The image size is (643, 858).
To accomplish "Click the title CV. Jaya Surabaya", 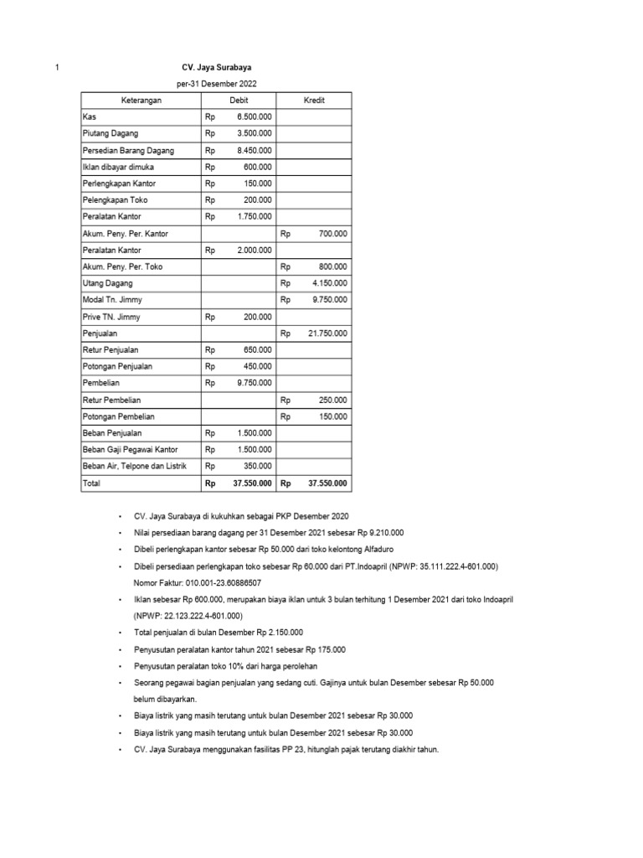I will click(216, 67).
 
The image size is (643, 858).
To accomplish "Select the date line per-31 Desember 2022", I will click(216, 84).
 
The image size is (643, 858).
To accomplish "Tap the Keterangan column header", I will click(141, 101).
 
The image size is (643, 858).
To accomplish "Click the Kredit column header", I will click(314, 101).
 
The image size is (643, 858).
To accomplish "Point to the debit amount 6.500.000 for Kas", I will click(253, 116).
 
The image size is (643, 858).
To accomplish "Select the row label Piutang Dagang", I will click(111, 133).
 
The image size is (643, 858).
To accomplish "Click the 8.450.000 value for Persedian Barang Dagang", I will click(253, 150).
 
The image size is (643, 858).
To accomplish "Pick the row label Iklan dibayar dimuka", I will click(118, 167).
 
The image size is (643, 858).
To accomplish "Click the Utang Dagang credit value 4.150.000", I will click(328, 283).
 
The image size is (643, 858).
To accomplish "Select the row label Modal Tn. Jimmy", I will click(110, 300).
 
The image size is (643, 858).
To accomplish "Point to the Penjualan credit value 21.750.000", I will click(327, 333).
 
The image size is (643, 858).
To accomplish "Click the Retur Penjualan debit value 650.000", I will click(255, 350).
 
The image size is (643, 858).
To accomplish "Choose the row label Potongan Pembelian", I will click(118, 416).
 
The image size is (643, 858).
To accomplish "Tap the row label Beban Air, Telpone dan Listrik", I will click(133, 467).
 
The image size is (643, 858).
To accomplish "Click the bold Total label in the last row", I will click(91, 483).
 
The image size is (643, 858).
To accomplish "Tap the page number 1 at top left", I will click(56, 67).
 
